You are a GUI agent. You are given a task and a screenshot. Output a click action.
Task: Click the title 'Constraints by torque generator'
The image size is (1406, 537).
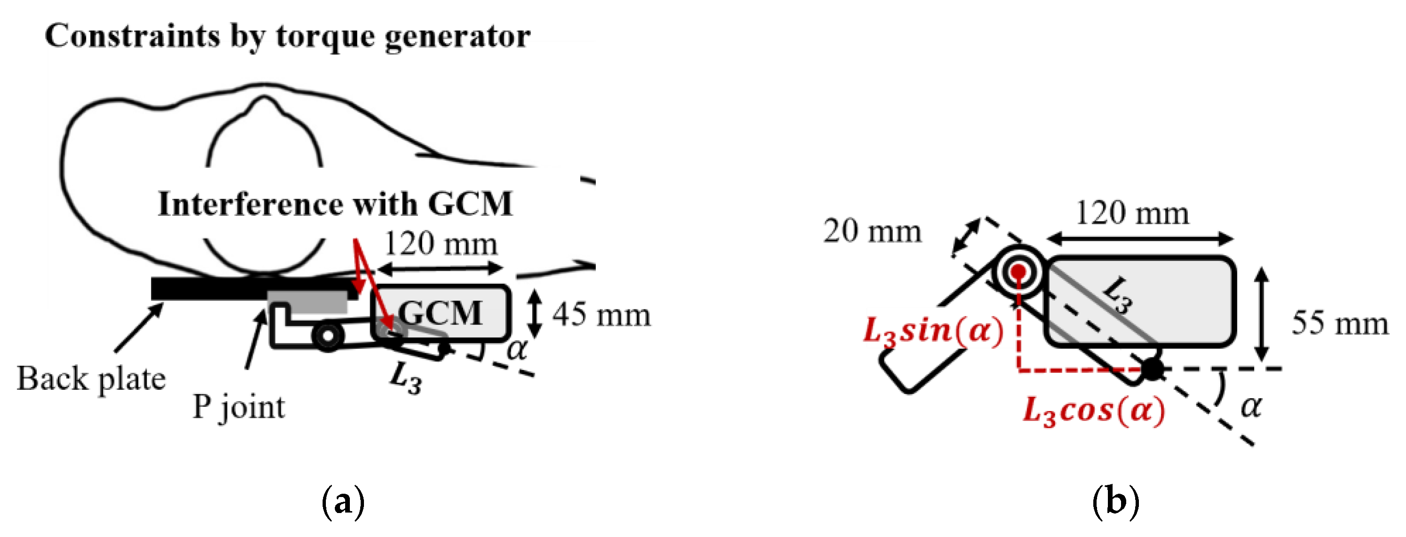tap(288, 37)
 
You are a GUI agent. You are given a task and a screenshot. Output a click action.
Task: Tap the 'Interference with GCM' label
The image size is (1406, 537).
tap(335, 204)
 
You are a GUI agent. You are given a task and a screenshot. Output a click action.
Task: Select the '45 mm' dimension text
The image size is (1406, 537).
tap(601, 315)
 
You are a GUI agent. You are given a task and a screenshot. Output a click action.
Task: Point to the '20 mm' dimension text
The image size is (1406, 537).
tap(872, 231)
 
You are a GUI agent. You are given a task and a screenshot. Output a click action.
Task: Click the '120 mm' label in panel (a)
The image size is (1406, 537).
tap(441, 244)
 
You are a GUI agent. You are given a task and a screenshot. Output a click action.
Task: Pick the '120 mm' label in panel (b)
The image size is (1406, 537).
tap(1132, 213)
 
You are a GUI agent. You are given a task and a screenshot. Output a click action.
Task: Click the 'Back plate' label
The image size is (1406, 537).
tap(91, 379)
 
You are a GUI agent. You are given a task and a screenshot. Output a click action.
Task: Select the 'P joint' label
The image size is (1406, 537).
tap(238, 407)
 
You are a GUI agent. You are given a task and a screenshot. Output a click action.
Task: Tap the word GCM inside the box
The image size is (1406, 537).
tap(440, 313)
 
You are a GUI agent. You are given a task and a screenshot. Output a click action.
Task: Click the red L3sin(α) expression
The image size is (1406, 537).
tap(933, 331)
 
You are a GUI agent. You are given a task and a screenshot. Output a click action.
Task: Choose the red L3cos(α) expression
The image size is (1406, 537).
tap(1094, 411)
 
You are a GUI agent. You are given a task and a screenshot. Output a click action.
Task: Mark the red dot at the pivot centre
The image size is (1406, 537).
tap(1018, 271)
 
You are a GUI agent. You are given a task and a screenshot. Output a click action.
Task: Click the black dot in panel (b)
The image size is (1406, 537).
tap(1152, 370)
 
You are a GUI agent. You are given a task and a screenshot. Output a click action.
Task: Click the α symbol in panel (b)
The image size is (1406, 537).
tap(1250, 407)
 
